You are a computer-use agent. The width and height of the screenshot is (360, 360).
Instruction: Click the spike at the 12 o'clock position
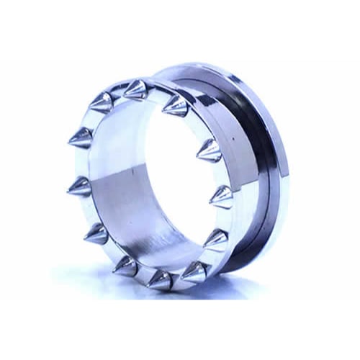[135, 90]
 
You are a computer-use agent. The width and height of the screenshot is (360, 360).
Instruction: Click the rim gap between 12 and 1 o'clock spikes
[155, 91]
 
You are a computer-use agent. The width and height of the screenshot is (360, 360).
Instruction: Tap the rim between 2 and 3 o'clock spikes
[220, 173]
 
